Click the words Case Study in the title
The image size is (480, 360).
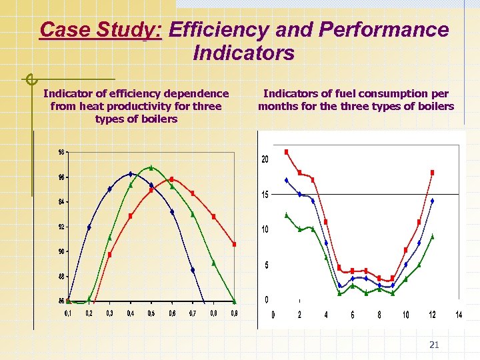[101, 30]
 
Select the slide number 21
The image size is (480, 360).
[434, 345]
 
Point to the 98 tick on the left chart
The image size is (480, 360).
[62, 152]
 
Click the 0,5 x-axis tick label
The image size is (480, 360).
[151, 313]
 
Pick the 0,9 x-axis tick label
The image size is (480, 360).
[234, 313]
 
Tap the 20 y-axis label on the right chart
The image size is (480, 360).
[265, 160]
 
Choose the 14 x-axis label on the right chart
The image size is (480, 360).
[459, 315]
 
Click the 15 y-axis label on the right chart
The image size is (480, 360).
[265, 195]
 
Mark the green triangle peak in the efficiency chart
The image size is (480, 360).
[151, 167]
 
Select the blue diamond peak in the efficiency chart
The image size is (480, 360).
[131, 174]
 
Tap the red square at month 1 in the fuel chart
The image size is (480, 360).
[286, 152]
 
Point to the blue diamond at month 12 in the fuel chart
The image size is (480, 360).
[432, 201]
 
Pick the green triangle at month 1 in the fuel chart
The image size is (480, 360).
[286, 215]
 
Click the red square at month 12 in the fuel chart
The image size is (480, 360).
[432, 172]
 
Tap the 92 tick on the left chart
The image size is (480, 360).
[62, 227]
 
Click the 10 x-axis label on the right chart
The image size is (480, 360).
[405, 315]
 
